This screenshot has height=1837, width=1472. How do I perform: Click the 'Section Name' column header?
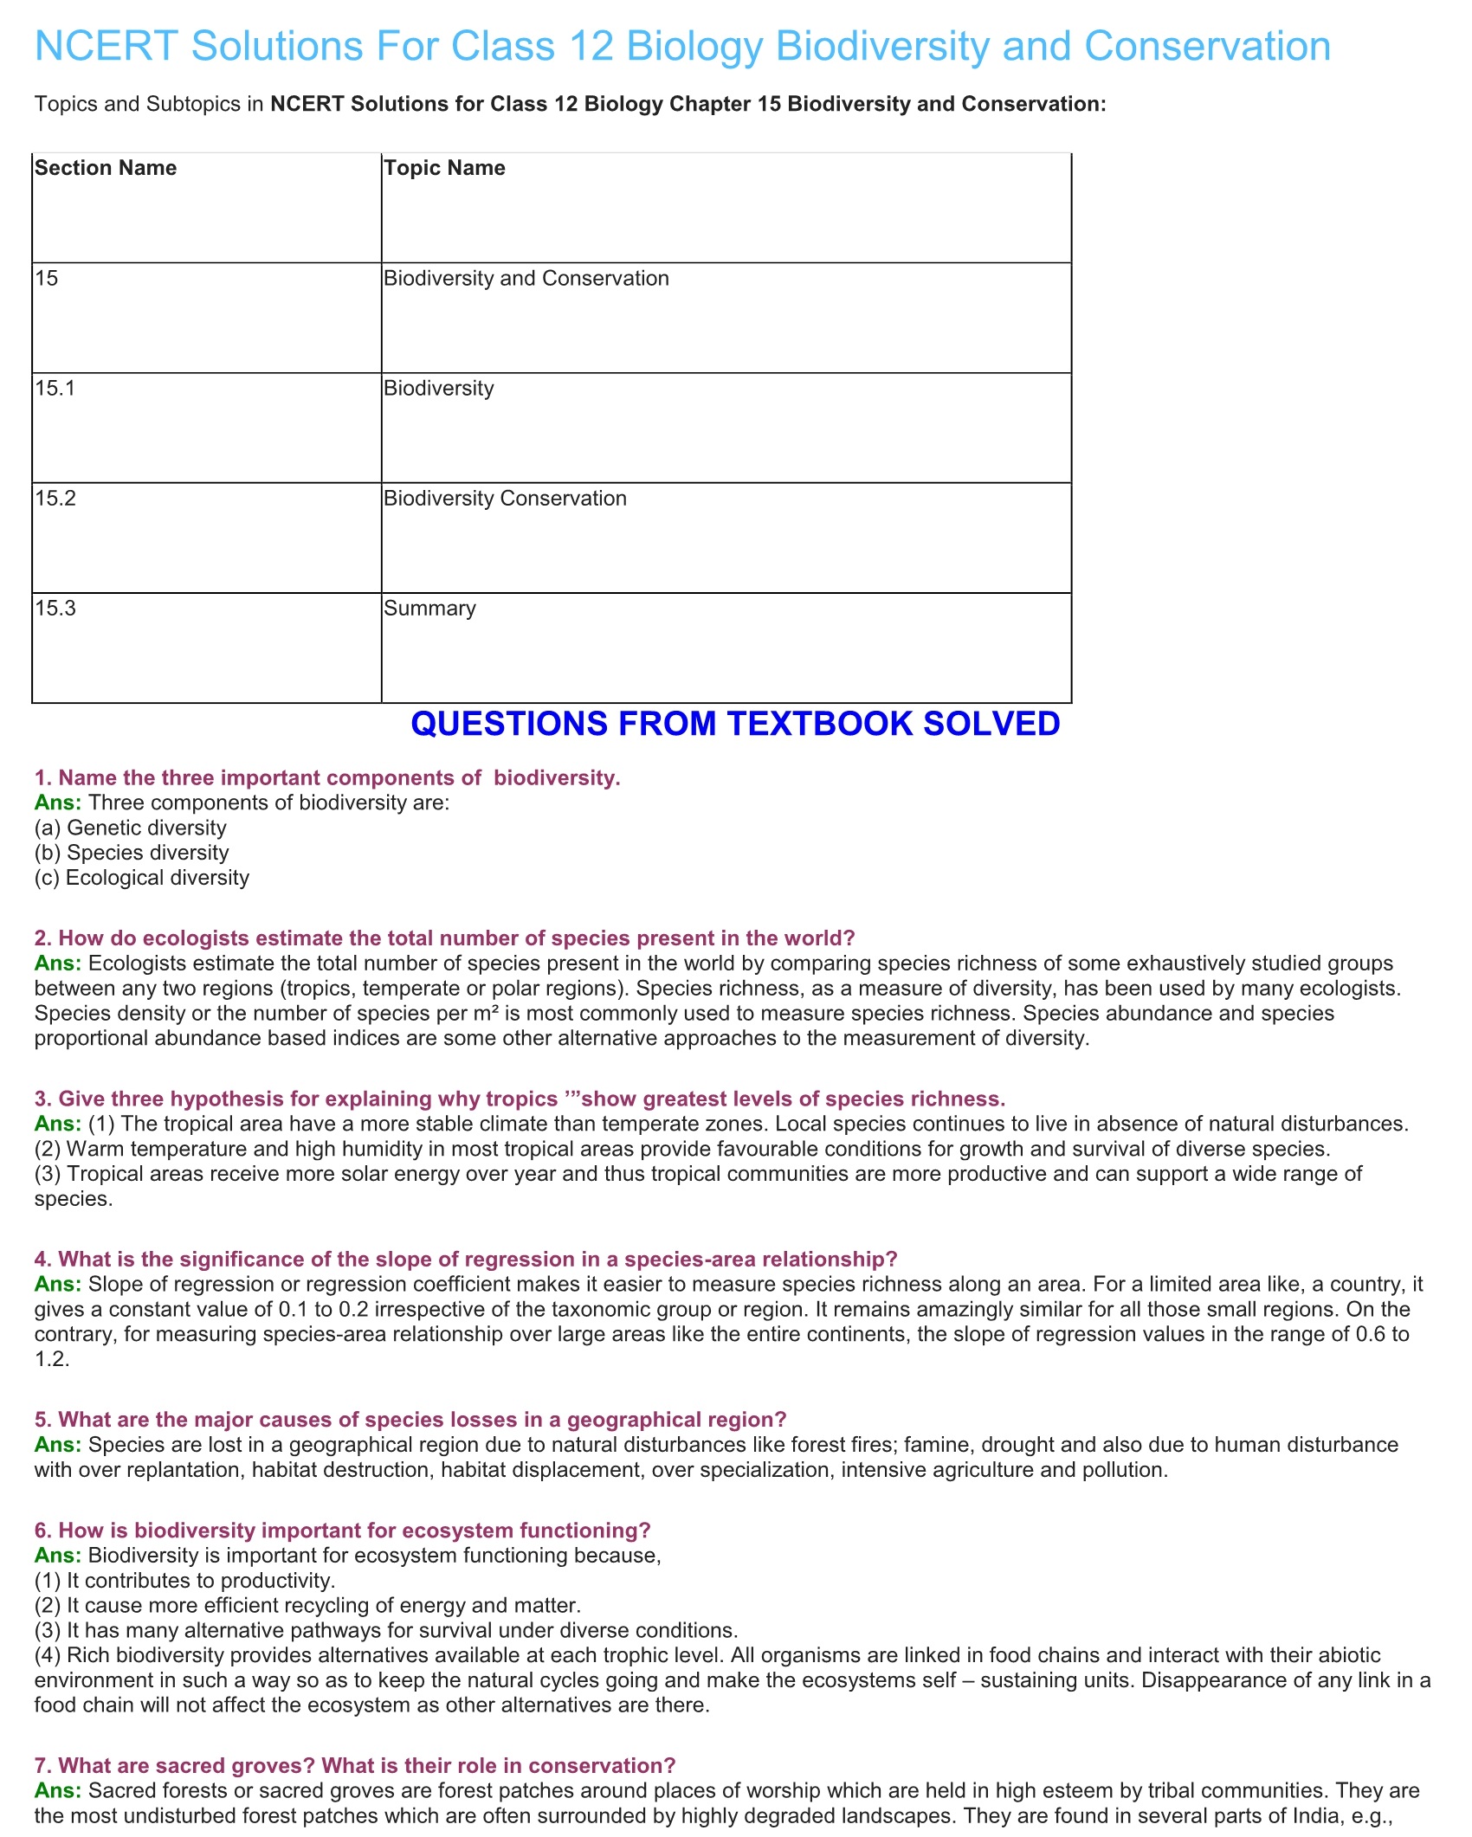coord(106,168)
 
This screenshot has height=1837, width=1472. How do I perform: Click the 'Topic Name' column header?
coord(444,168)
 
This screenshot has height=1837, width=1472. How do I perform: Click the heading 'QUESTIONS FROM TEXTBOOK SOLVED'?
coord(735,724)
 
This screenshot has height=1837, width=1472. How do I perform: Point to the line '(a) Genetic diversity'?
coord(130,828)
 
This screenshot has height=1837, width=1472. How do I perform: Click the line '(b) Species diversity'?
coord(132,853)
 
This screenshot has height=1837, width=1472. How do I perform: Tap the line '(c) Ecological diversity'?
coord(142,878)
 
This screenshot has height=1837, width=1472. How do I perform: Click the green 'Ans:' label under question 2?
coord(57,963)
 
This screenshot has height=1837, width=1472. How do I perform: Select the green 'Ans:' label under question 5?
coord(57,1444)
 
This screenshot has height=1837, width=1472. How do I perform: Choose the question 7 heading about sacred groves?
coord(355,1765)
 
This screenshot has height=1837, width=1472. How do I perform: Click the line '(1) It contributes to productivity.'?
coord(184,1580)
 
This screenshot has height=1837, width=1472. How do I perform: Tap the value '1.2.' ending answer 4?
coord(52,1359)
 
